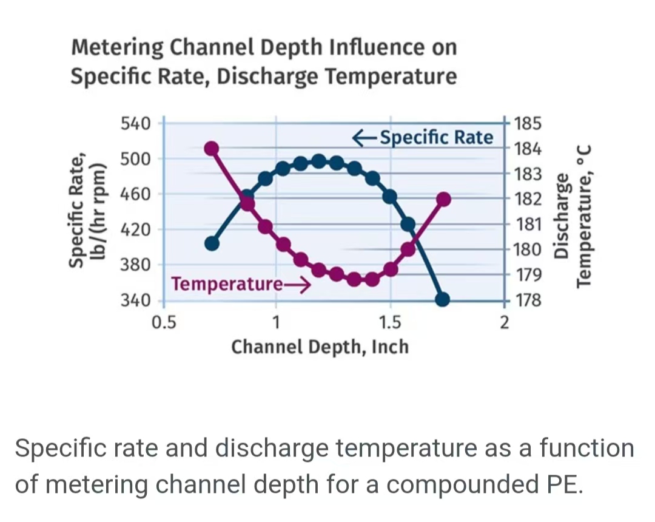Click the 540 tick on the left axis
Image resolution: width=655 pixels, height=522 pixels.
click(135, 123)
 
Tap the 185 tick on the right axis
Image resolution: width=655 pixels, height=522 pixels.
click(526, 124)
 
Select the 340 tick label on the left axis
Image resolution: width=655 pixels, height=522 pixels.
click(135, 301)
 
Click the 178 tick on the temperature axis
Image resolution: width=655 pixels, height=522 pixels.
click(526, 301)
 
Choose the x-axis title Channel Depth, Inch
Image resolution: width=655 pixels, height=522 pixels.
click(320, 347)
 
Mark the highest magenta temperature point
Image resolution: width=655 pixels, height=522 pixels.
click(211, 148)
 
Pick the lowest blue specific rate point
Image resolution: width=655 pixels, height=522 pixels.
click(443, 299)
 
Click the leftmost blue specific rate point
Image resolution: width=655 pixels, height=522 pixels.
click(212, 243)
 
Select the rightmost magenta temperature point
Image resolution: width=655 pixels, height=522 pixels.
click(443, 199)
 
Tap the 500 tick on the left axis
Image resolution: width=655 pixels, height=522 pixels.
click(135, 159)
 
